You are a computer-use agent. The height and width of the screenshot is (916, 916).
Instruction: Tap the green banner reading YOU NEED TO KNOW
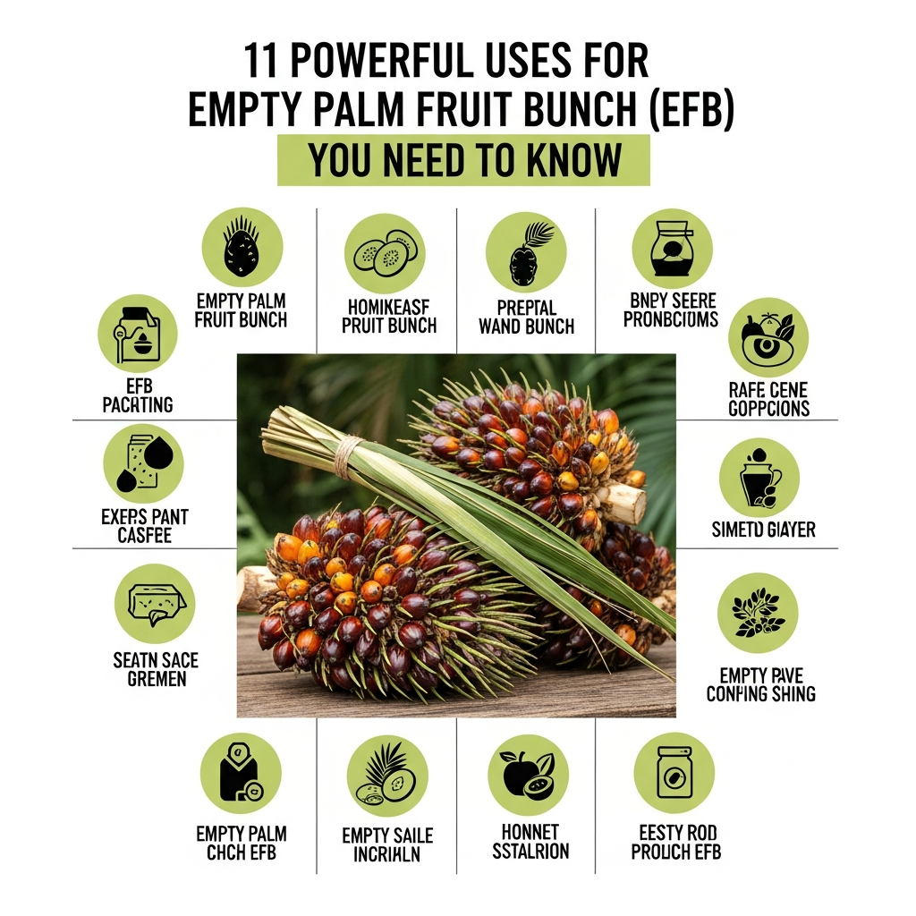coord(463,160)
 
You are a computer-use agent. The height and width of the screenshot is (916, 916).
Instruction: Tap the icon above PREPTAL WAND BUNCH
coord(526,251)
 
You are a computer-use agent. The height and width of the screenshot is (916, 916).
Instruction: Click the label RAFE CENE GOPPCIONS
coord(768,399)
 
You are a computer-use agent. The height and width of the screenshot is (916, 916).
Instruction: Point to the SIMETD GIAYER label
coord(763,530)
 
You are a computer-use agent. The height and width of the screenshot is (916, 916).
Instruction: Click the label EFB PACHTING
coord(137,395)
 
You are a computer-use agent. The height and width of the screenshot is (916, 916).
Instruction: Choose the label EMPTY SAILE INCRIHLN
coord(387,844)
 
